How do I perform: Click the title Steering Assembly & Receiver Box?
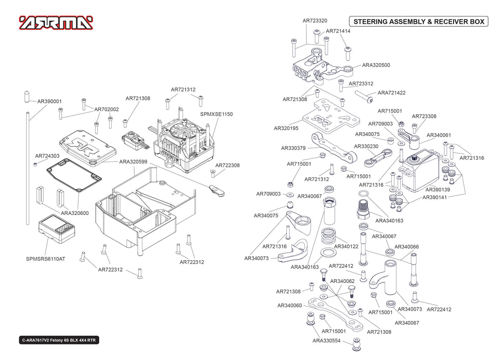(x=418, y=22)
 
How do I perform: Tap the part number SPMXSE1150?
(x=217, y=114)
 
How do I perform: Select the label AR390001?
(x=49, y=101)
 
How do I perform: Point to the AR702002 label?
(x=106, y=109)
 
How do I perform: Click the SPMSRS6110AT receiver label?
(x=46, y=259)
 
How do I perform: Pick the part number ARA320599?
(x=133, y=161)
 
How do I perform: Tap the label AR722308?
(x=227, y=166)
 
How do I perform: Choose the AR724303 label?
(x=47, y=156)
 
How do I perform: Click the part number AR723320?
(x=315, y=21)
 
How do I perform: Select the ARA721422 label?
(x=392, y=93)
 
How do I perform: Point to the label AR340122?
(x=346, y=246)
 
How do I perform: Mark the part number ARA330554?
(x=327, y=340)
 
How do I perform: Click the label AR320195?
(x=286, y=128)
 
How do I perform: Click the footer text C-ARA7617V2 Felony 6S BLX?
(x=60, y=340)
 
